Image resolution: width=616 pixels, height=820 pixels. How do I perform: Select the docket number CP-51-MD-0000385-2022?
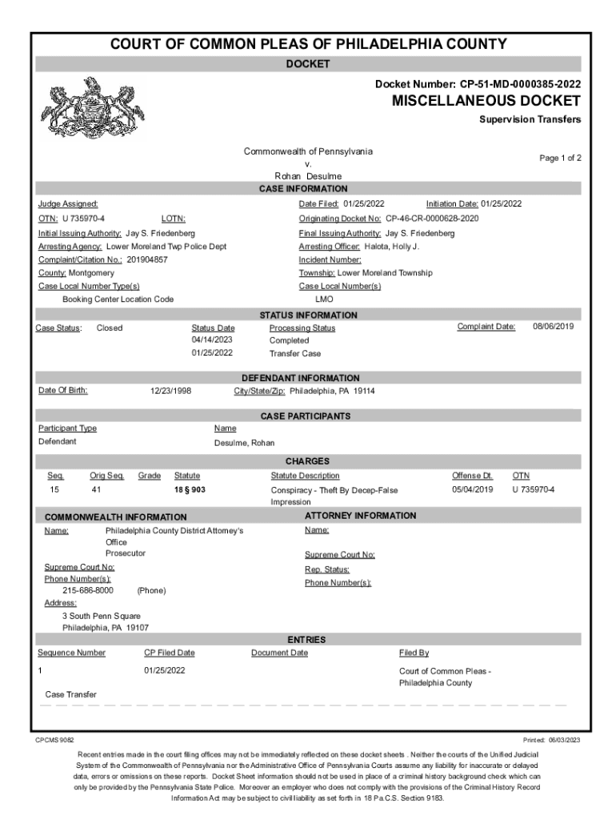[520, 83]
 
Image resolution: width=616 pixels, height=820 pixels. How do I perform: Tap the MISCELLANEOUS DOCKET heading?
[486, 101]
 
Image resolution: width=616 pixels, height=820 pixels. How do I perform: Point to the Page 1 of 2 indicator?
[560, 158]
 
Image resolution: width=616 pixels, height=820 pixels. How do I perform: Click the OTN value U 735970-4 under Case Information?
[83, 218]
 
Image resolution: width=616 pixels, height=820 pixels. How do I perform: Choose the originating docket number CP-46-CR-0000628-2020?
[432, 218]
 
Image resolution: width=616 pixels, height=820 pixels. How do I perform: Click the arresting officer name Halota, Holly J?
[392, 246]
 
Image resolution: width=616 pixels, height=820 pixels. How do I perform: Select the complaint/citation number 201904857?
[147, 259]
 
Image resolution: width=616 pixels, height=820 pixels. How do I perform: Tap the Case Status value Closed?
[110, 328]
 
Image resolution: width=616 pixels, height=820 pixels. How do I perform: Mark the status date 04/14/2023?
[212, 340]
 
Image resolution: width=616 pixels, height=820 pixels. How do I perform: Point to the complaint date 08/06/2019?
[554, 327]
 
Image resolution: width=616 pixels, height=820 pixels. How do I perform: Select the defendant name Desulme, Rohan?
[244, 442]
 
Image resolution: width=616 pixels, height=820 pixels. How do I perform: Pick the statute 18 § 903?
[191, 489]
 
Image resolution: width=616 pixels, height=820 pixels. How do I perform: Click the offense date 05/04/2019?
[473, 489]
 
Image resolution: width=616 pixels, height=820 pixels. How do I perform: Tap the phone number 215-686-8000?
[88, 590]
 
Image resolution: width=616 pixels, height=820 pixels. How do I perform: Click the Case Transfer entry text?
[71, 694]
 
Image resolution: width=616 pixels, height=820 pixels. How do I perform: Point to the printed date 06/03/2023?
[565, 740]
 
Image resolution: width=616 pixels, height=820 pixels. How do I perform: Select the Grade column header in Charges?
[149, 476]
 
